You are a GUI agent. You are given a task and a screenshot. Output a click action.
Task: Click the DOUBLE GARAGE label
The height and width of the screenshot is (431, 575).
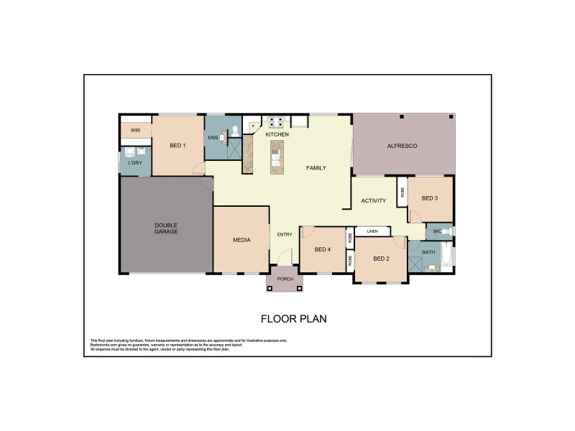(x=166, y=228)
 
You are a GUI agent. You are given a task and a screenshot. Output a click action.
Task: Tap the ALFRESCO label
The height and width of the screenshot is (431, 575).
(x=402, y=146)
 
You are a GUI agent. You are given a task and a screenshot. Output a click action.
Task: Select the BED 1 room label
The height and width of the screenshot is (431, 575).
(x=178, y=146)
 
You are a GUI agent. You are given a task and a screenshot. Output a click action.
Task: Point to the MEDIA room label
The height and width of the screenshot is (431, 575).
(x=241, y=240)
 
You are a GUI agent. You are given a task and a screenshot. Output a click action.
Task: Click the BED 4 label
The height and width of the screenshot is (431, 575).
(x=323, y=249)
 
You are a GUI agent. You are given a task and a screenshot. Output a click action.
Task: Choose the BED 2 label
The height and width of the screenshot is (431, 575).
(x=382, y=259)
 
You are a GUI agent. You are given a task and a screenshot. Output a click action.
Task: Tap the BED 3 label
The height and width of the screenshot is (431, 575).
(x=430, y=198)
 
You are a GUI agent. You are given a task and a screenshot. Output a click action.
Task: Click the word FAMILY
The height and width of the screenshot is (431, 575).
(x=316, y=168)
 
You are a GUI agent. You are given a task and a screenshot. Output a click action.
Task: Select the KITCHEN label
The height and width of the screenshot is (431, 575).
(x=277, y=135)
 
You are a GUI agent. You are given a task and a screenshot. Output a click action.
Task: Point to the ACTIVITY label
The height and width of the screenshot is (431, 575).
(x=374, y=201)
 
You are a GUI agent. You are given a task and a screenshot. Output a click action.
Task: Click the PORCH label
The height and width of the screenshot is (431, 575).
(x=285, y=279)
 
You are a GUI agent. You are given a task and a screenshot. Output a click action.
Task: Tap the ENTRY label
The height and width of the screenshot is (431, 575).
(x=285, y=234)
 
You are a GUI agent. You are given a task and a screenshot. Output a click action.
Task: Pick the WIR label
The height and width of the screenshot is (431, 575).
(x=134, y=130)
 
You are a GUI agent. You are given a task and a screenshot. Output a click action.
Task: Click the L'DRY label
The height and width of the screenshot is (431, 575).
(x=134, y=163)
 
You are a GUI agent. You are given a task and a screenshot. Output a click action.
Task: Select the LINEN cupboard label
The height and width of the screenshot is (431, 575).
(x=372, y=231)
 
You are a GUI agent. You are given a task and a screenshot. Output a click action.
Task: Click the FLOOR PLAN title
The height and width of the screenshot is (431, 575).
(x=294, y=318)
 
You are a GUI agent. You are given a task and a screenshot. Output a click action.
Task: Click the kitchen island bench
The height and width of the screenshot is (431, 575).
(x=275, y=157)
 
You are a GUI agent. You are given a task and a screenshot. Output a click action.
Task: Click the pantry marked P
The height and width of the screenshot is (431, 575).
(x=253, y=126)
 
